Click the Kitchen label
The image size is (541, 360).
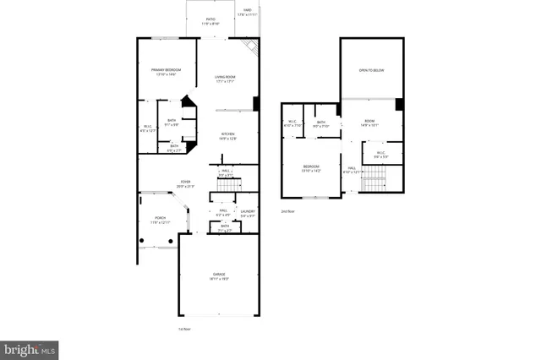tap(228, 135)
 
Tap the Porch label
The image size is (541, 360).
tap(161, 221)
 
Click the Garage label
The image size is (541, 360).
tap(220, 276)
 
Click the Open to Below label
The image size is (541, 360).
tap(372, 71)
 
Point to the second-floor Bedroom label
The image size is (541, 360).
tap(312, 168)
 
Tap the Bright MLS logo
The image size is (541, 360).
tap(30, 347)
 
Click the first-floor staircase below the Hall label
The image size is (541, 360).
tap(228, 184)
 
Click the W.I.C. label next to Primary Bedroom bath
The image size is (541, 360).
tap(147, 129)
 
